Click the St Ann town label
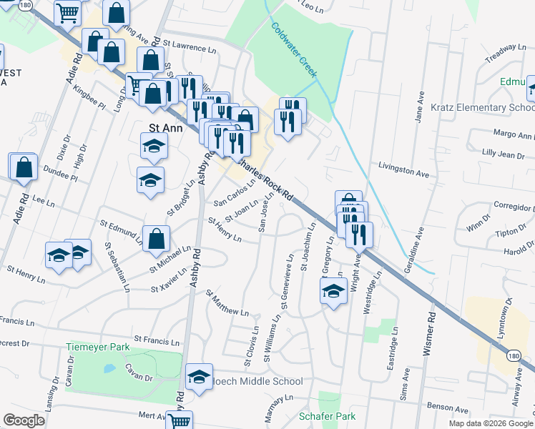[x=161, y=127]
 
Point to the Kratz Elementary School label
[x=482, y=108]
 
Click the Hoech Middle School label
[x=253, y=382]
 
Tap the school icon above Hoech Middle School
[x=199, y=375]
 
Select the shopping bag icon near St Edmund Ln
[x=156, y=239]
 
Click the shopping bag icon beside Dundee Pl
[x=24, y=167]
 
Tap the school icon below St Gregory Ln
[x=333, y=291]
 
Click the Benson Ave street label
[x=446, y=406]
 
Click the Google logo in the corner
[x=24, y=420]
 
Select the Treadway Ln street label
[x=505, y=48]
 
